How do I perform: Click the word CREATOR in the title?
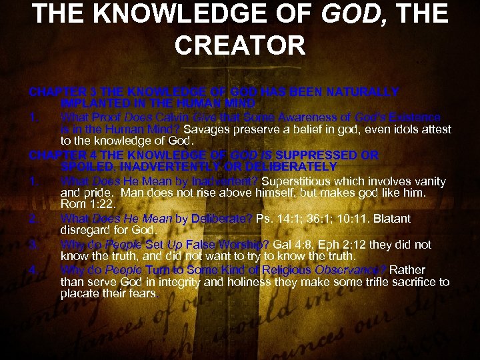(240, 45)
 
